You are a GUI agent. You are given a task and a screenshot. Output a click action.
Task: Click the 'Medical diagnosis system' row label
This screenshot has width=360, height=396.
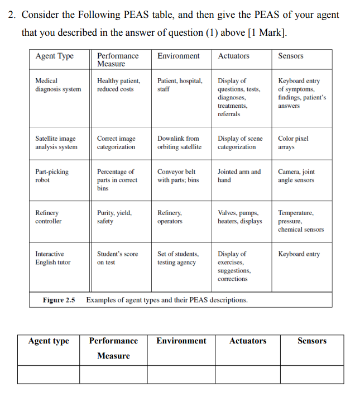(57, 85)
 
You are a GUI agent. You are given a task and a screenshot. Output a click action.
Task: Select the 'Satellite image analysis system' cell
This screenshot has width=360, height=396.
(56, 143)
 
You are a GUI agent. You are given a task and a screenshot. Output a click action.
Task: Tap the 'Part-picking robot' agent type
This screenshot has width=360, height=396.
(52, 176)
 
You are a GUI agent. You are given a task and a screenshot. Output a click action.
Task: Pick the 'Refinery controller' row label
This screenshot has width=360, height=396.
(49, 217)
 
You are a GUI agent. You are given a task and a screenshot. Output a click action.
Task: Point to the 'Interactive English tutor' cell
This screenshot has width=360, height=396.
(53, 258)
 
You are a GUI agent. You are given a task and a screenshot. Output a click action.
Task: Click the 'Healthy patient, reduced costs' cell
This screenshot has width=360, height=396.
(118, 85)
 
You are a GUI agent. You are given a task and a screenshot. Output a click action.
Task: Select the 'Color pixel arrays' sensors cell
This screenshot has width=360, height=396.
(292, 143)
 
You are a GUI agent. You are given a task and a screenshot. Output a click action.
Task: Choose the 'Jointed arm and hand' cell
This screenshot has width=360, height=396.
(239, 176)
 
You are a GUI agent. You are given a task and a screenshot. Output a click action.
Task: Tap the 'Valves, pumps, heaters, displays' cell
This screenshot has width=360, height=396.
(239, 217)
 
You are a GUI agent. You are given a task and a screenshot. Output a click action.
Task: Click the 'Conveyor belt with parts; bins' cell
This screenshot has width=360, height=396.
(178, 176)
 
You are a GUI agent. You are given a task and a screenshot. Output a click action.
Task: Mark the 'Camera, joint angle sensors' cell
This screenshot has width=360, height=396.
(296, 176)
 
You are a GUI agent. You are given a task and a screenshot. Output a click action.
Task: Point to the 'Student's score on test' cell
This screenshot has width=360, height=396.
(117, 258)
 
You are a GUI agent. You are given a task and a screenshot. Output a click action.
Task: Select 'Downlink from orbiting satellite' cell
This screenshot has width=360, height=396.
(179, 143)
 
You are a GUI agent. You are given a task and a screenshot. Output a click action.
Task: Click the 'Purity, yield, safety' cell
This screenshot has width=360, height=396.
(114, 217)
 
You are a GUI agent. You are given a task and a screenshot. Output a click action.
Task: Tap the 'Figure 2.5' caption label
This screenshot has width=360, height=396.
(59, 300)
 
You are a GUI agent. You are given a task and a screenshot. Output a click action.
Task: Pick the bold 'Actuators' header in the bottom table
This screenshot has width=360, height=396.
(247, 341)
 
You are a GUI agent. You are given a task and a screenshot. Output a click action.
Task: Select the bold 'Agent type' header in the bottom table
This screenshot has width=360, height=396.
(49, 341)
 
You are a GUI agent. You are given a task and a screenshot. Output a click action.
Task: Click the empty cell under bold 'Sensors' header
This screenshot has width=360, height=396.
(312, 374)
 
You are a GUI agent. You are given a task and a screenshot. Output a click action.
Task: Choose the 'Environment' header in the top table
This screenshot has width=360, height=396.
(178, 56)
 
